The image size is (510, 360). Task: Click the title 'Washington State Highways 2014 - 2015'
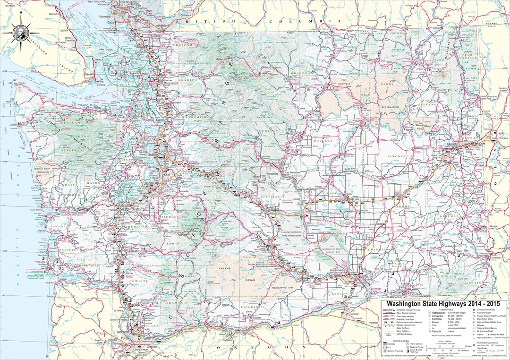coord(443,303)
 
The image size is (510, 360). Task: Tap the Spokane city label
coord(452,143)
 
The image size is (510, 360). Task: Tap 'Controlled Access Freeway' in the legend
coord(408,310)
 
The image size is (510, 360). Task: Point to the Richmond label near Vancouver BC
coord(104,17)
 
